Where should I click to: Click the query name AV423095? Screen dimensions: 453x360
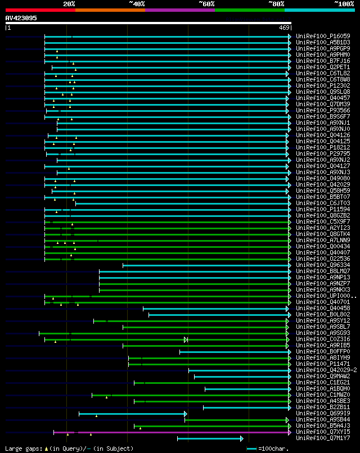pos(21,18)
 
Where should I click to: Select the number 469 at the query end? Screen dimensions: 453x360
pos(283,28)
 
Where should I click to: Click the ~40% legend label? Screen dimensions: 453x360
pos(137,3)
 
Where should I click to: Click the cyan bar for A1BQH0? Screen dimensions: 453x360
pos(247,388)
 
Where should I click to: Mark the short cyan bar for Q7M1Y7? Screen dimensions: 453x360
pos(209,438)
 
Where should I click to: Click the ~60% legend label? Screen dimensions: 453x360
pos(206,3)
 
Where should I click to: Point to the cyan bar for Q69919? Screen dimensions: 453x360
pos(132,414)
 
